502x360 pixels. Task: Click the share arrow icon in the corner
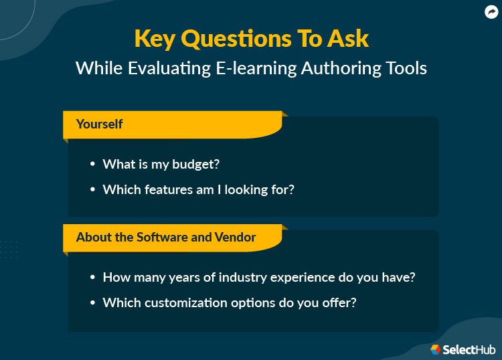[x=492, y=12]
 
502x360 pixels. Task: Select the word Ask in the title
[x=346, y=38]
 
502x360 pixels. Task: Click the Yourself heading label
[x=99, y=124]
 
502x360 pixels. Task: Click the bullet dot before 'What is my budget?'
[x=93, y=164]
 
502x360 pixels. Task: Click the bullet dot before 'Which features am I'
[x=93, y=190]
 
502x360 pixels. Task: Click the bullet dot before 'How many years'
[x=93, y=277]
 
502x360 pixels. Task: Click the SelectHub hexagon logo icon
[x=436, y=349]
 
